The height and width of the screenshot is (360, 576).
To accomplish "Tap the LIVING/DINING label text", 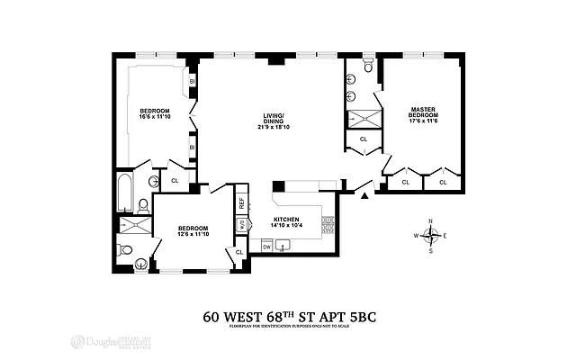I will tap(274, 119).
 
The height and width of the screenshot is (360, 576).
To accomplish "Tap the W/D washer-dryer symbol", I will tap(241, 224).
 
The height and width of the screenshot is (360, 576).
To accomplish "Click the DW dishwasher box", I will tap(267, 245).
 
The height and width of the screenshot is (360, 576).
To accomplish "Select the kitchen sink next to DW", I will tap(285, 245).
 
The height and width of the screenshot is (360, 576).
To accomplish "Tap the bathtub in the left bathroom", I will tap(125, 193).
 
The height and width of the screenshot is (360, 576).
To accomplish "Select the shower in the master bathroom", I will tap(364, 118).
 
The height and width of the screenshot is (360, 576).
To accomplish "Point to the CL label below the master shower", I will tap(364, 139).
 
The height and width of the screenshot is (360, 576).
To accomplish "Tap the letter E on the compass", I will tap(445, 236).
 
